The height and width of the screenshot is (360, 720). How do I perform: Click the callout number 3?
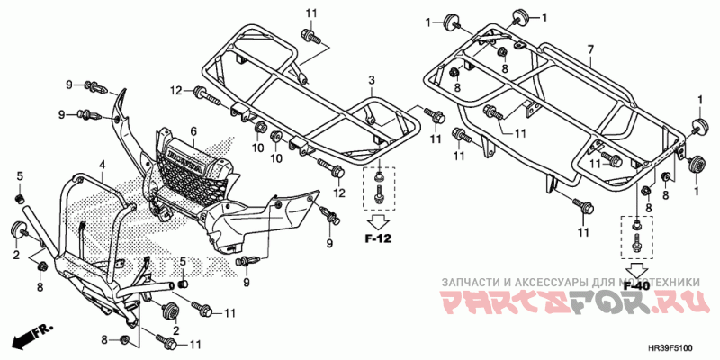click(x=370, y=82)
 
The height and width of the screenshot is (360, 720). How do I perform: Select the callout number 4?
click(x=103, y=165)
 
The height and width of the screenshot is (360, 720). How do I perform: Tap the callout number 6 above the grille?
click(x=193, y=132)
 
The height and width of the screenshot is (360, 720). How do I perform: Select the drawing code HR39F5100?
click(x=677, y=348)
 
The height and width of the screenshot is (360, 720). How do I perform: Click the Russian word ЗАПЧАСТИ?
click(x=466, y=282)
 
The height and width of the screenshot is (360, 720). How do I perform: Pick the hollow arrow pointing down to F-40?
click(x=637, y=267)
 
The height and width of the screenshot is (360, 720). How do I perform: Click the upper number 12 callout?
click(x=176, y=89)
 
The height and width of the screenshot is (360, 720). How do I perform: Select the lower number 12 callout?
click(x=339, y=193)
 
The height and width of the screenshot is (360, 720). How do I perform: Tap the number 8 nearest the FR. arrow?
click(x=105, y=339)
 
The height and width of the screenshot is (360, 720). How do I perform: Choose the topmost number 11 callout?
click(x=311, y=12)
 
